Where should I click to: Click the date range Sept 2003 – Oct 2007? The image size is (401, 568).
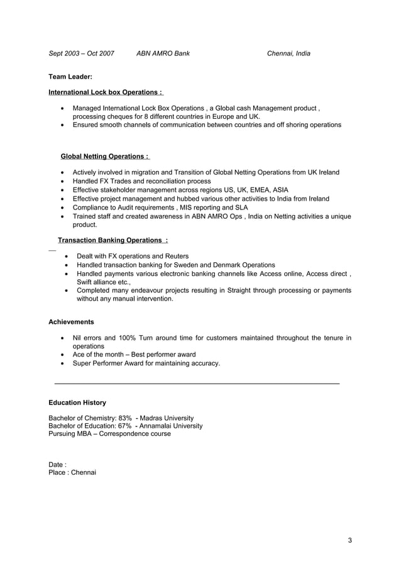82,53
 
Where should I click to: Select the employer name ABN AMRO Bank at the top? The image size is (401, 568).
163,53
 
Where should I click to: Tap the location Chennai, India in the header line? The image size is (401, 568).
288,53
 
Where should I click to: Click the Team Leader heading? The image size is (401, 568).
70,77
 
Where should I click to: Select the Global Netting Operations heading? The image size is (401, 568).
105,156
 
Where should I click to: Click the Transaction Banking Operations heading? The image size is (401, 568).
113,240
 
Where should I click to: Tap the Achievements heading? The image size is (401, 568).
71,322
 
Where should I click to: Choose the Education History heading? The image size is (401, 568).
77,403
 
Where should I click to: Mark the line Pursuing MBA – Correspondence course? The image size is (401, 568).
109,434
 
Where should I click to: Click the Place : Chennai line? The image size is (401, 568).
72,472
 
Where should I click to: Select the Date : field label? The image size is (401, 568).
58,465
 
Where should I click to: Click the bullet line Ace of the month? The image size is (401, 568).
134,355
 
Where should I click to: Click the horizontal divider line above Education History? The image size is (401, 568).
197,383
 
